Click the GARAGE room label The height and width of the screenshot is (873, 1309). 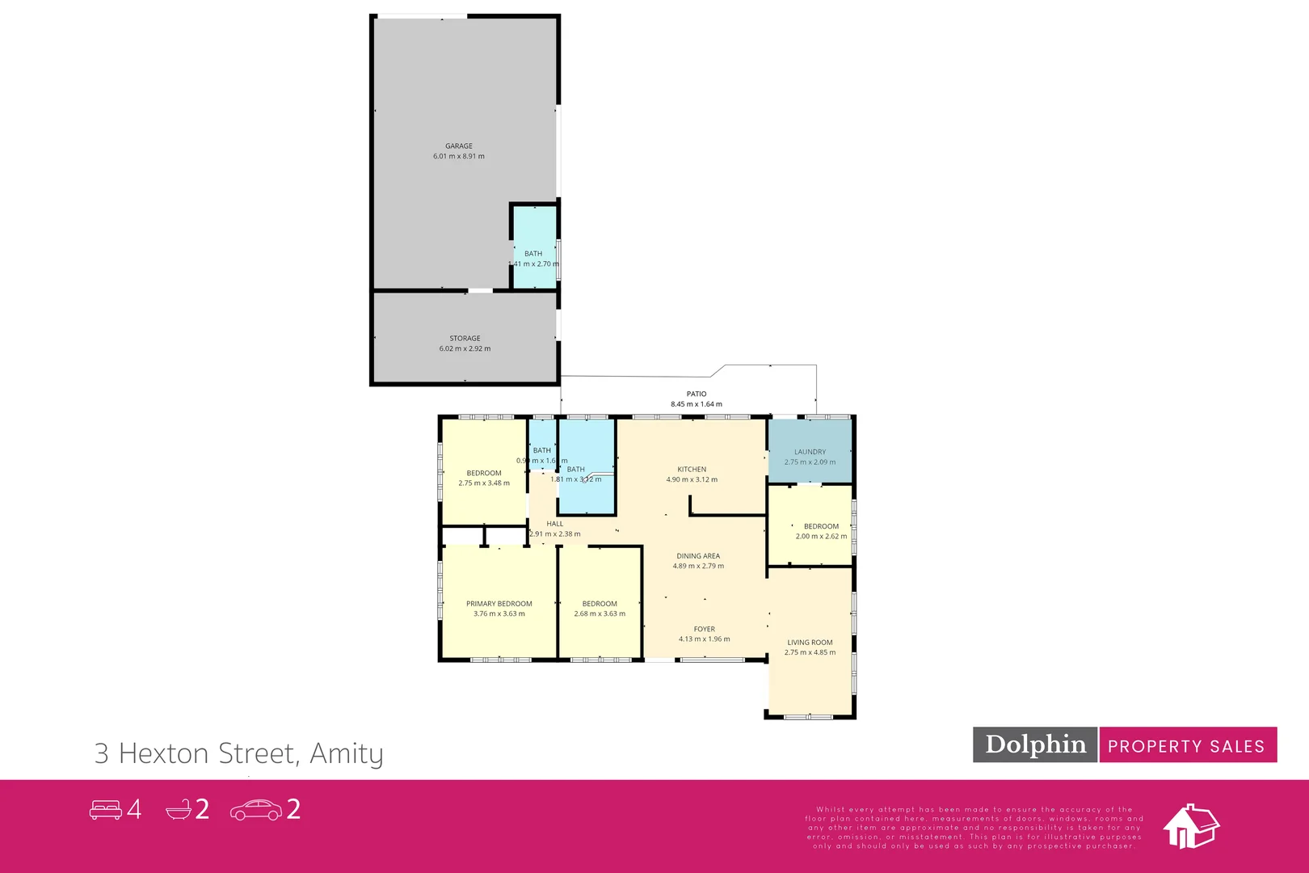click(459, 146)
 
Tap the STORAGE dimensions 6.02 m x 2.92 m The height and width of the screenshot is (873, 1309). click(465, 349)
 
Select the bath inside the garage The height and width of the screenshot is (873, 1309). click(534, 247)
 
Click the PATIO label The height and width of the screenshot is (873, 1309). click(697, 394)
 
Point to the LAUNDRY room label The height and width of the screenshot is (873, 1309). click(810, 452)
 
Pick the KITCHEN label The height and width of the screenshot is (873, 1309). click(692, 469)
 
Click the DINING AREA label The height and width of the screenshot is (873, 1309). click(698, 556)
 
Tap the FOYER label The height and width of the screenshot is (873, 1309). click(704, 629)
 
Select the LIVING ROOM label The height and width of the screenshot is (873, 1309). click(810, 643)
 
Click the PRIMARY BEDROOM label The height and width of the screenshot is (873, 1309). click(499, 604)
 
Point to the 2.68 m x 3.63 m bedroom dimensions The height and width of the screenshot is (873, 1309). click(600, 614)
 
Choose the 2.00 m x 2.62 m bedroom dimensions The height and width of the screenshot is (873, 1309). click(821, 537)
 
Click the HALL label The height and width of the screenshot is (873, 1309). click(555, 524)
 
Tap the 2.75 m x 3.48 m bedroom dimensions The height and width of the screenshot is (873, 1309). click(484, 483)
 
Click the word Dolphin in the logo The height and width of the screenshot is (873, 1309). click(1035, 744)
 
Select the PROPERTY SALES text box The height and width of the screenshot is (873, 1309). click(1186, 746)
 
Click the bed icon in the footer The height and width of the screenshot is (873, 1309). click(105, 809)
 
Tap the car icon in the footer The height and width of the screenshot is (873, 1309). click(255, 810)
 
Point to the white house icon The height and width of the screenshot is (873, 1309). click(1190, 826)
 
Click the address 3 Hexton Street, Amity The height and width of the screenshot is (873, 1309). click(239, 753)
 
